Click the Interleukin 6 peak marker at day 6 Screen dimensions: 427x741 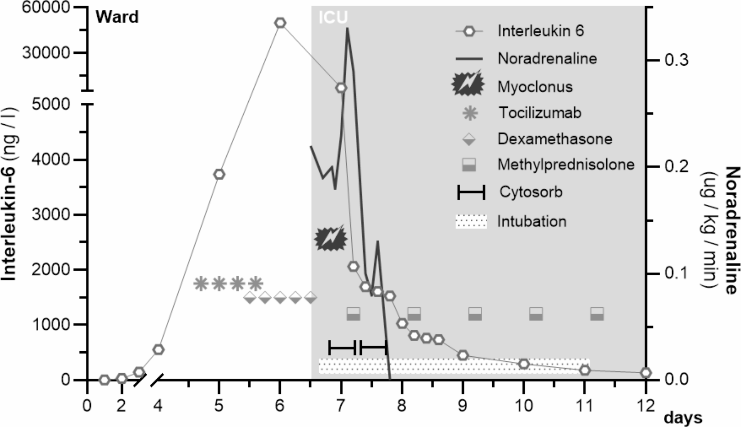(280, 23)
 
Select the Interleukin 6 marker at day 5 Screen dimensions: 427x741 (219, 174)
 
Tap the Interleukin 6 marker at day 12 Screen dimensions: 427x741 (646, 373)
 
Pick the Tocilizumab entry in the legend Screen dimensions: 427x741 (540, 113)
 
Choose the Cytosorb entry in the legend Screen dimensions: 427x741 (531, 192)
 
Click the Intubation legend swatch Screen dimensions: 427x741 (471, 221)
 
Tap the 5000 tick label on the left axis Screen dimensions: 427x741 (50, 104)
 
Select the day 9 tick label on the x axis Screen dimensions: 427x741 (463, 406)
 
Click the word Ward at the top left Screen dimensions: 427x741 (117, 17)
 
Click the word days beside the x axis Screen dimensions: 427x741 (683, 418)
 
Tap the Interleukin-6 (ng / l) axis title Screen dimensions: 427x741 (10, 194)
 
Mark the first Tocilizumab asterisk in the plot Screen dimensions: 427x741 (201, 284)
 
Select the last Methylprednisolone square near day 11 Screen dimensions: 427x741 (597, 314)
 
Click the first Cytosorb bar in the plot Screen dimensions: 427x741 (342, 348)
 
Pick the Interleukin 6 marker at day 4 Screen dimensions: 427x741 (159, 350)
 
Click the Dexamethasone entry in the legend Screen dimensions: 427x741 (554, 139)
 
